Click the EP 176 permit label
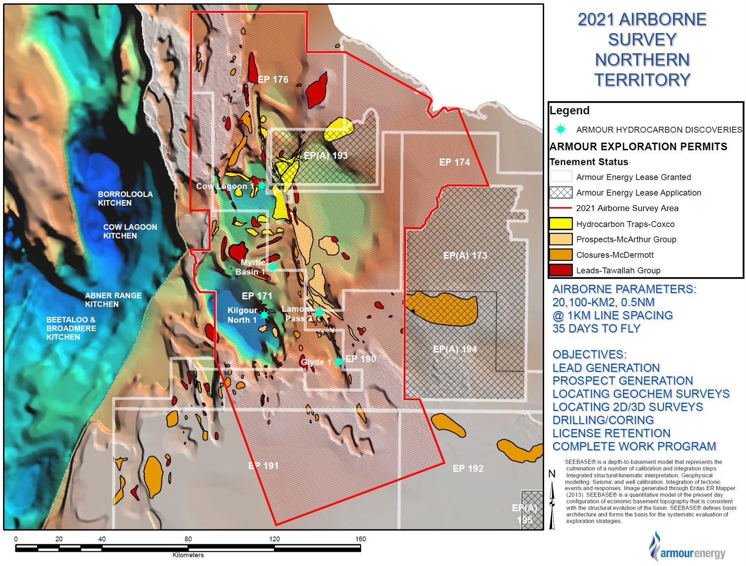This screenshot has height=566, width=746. coord(273,79)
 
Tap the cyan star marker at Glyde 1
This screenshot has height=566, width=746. coord(338,361)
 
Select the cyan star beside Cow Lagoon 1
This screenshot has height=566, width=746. coord(262,185)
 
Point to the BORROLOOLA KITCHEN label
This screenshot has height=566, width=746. coord(125,198)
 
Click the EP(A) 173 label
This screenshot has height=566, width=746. coord(465,255)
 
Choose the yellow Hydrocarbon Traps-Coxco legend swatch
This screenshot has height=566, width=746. coord(561,224)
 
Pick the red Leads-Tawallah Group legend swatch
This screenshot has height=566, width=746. coord(561,270)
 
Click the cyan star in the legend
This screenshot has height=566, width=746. coord(560,130)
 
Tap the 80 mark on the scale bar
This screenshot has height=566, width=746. coord(188,539)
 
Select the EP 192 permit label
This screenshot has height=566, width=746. coord(468,468)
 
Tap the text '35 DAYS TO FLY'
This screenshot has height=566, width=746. coord(596,329)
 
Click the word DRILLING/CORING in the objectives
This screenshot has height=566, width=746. coord(603,420)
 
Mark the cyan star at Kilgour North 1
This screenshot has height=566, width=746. coord(264,315)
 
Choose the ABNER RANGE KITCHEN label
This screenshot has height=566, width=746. coord(113,300)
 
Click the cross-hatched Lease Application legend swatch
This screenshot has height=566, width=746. coord(561,193)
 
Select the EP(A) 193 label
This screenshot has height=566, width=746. coord(326,156)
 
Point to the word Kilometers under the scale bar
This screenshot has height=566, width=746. coord(188,555)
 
